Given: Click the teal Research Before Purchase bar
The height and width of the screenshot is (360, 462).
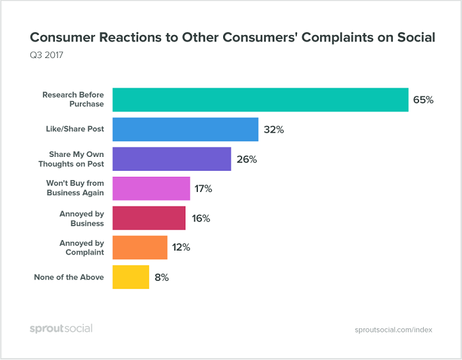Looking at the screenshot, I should point(260,100).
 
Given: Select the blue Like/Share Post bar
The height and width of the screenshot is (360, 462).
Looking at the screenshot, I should point(185,129).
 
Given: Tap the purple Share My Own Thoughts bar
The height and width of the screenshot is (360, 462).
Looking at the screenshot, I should point(172,159).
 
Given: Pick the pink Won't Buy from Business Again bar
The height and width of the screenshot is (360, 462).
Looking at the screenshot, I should point(151,189).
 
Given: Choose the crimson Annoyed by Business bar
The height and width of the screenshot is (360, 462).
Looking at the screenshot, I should point(149,218).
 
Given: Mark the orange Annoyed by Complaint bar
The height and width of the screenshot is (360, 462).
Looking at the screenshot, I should point(140,248).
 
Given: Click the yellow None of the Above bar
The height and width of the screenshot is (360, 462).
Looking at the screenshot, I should point(131,278).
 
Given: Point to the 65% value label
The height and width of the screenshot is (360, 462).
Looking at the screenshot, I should point(423,100).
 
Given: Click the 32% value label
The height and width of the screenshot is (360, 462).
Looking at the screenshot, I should point(273,130).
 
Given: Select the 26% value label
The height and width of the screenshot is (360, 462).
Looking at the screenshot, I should point(246,160).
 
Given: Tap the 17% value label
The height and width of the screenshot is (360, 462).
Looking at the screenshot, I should point(203,189).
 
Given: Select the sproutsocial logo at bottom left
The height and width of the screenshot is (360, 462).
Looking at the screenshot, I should point(61,328).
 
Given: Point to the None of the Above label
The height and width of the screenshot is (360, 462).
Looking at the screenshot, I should point(69,278).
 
